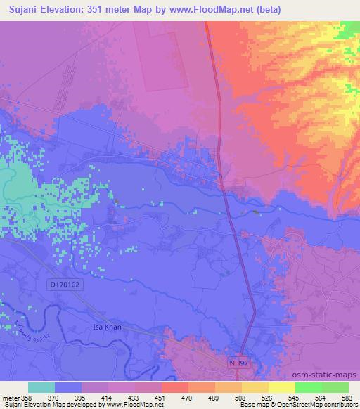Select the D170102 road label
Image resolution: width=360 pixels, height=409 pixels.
point(65,284)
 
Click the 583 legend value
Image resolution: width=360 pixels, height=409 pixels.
point(346,397)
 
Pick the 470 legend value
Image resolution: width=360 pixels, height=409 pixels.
point(186,397)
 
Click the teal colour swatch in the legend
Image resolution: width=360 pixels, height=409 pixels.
point(41,387)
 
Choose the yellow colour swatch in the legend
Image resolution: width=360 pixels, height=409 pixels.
point(281,387)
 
